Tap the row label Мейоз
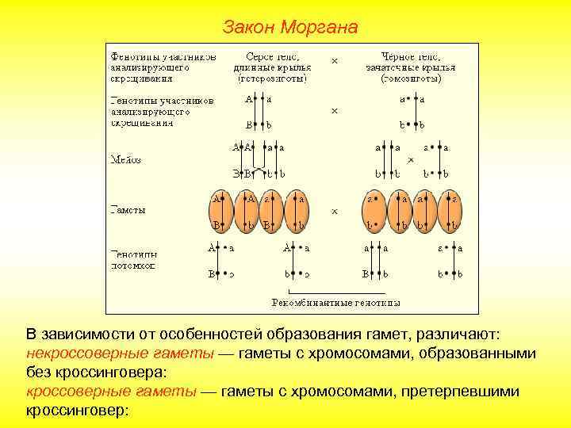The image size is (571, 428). [125, 159]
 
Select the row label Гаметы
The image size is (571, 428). [127, 211]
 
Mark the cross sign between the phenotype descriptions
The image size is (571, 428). [334, 61]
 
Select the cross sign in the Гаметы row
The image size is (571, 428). [334, 212]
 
